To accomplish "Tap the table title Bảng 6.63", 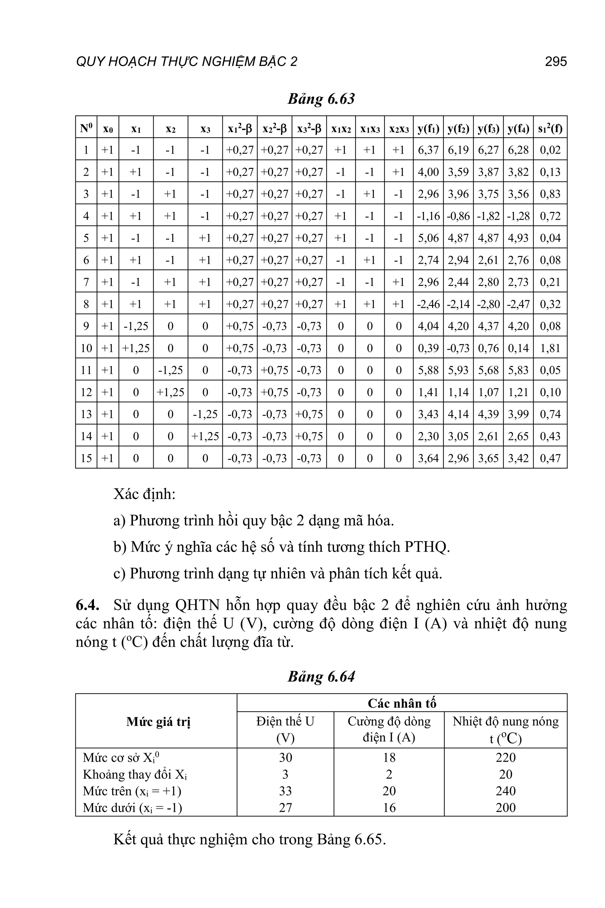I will [321, 99].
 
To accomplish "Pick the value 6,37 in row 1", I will [428, 150].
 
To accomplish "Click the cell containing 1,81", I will [550, 348].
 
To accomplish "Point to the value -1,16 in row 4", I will [428, 216].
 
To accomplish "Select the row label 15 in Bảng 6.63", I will [86, 458].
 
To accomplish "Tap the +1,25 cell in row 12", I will [170, 392].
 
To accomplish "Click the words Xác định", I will [144, 494].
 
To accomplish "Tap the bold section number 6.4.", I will [87, 605].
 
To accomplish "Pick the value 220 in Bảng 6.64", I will [505, 758].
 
